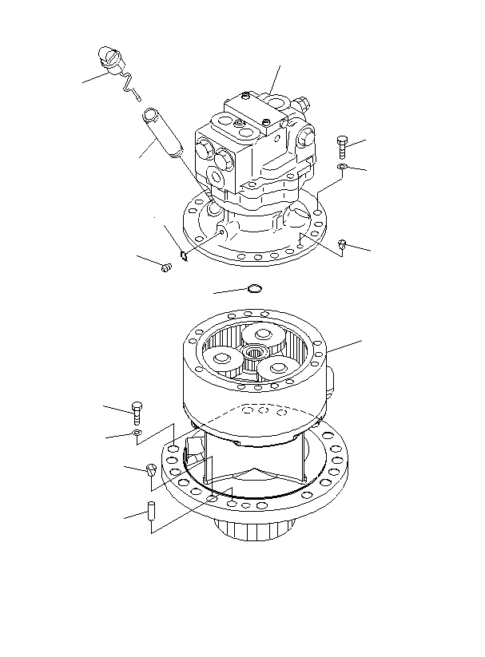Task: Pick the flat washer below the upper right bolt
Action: point(341,167)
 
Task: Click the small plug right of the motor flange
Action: point(342,243)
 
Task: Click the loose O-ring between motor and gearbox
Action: point(254,288)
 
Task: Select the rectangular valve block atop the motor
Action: point(256,112)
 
